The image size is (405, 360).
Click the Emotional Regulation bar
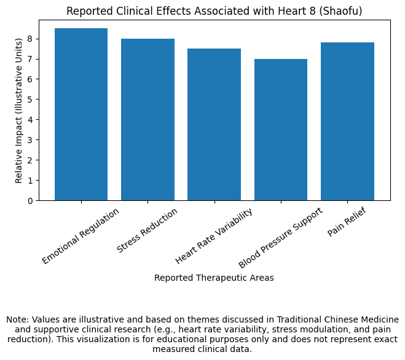[x=81, y=114]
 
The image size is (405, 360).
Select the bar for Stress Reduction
[x=147, y=120]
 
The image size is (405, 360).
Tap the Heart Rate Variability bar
[x=214, y=125]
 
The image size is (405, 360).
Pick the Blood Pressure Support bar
[x=280, y=130]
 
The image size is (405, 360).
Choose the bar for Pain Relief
[x=347, y=122]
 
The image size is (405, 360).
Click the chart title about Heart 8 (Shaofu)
[x=214, y=11]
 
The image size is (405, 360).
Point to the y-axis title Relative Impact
[x=19, y=109]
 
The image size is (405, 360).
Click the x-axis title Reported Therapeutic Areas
[x=214, y=278]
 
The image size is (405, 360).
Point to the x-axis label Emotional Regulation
[x=81, y=236]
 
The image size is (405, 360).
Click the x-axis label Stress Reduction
[x=147, y=230]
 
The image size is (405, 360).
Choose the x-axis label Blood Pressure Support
[x=280, y=237]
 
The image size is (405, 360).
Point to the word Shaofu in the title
[x=344, y=11]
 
